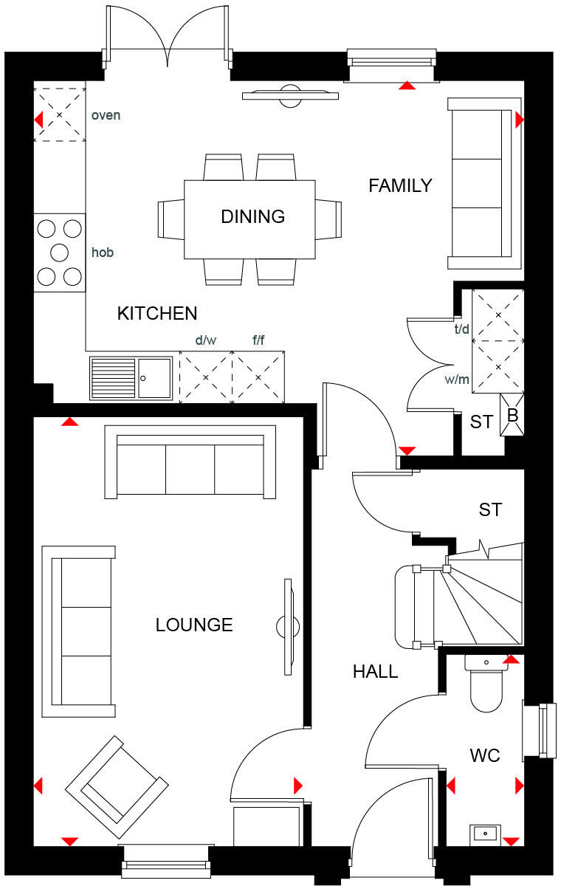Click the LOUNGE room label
(x=194, y=625)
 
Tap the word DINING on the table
(x=252, y=216)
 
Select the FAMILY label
(x=400, y=186)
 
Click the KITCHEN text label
(x=157, y=313)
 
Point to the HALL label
(x=375, y=672)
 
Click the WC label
(x=485, y=755)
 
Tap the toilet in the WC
(x=486, y=687)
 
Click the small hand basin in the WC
(x=486, y=834)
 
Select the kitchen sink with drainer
(x=131, y=377)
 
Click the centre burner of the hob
(x=60, y=253)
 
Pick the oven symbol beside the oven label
(x=60, y=115)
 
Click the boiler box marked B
(x=512, y=416)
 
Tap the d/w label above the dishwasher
(x=206, y=341)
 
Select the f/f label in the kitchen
(x=258, y=341)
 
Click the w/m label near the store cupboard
(x=457, y=380)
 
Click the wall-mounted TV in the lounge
(x=287, y=626)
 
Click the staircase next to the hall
(x=472, y=602)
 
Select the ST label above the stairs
(x=490, y=509)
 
